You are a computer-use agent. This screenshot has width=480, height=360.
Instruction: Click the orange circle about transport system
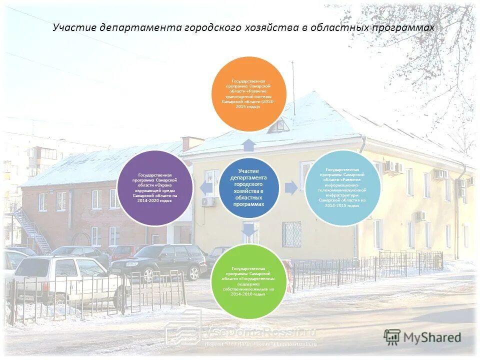click(249, 94)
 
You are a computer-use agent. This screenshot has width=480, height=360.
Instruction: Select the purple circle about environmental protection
click(155, 187)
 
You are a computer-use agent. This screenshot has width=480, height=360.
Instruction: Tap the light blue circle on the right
click(342, 187)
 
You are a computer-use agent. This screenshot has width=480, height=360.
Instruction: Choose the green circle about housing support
click(248, 281)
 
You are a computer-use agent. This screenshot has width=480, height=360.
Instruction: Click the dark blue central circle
click(248, 187)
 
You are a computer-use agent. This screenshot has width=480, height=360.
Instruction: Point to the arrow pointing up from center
click(249, 145)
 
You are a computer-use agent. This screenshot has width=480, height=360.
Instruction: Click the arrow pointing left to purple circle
click(205, 188)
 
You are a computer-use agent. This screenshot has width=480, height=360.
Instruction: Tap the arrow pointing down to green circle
click(249, 230)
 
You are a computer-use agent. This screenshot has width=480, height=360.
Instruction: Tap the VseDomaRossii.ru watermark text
click(262, 332)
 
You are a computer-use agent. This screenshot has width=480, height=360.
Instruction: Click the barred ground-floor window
click(291, 234)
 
